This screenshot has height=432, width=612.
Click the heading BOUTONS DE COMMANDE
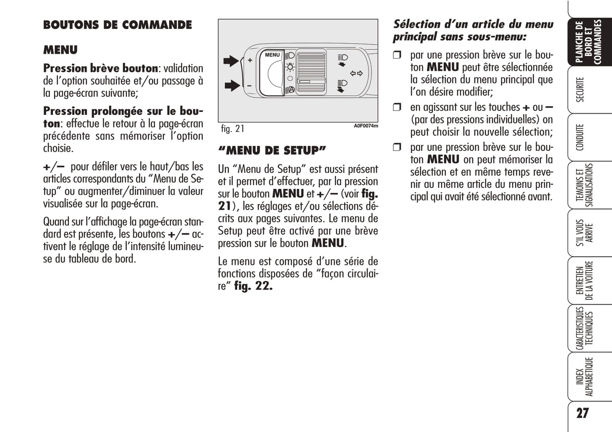tap(117, 25)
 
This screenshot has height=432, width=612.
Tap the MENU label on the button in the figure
tap(272, 55)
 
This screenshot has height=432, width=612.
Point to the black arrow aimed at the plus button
tap(231, 61)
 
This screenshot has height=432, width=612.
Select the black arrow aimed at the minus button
tap(232, 86)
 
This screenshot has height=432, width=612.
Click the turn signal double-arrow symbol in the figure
tap(357, 73)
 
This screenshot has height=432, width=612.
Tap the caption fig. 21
tap(233, 128)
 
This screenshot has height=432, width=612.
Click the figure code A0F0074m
tap(366, 126)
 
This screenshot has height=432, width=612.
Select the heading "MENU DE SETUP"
tap(272, 151)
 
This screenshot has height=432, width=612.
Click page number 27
tap(582, 413)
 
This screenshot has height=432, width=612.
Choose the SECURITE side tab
tap(580, 90)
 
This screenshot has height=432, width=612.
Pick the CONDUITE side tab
tap(580, 137)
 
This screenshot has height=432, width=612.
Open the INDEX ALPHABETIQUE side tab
tap(584, 377)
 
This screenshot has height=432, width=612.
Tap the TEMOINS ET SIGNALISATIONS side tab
tap(584, 185)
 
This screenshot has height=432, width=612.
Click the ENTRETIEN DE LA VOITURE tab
tap(584, 281)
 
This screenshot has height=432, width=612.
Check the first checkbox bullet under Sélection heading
tap(397, 55)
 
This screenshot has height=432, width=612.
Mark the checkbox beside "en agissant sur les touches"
tap(397, 107)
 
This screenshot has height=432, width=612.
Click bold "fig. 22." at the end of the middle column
tap(253, 286)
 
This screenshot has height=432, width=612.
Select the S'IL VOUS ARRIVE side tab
tap(584, 233)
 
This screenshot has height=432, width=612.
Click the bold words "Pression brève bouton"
tap(100, 68)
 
